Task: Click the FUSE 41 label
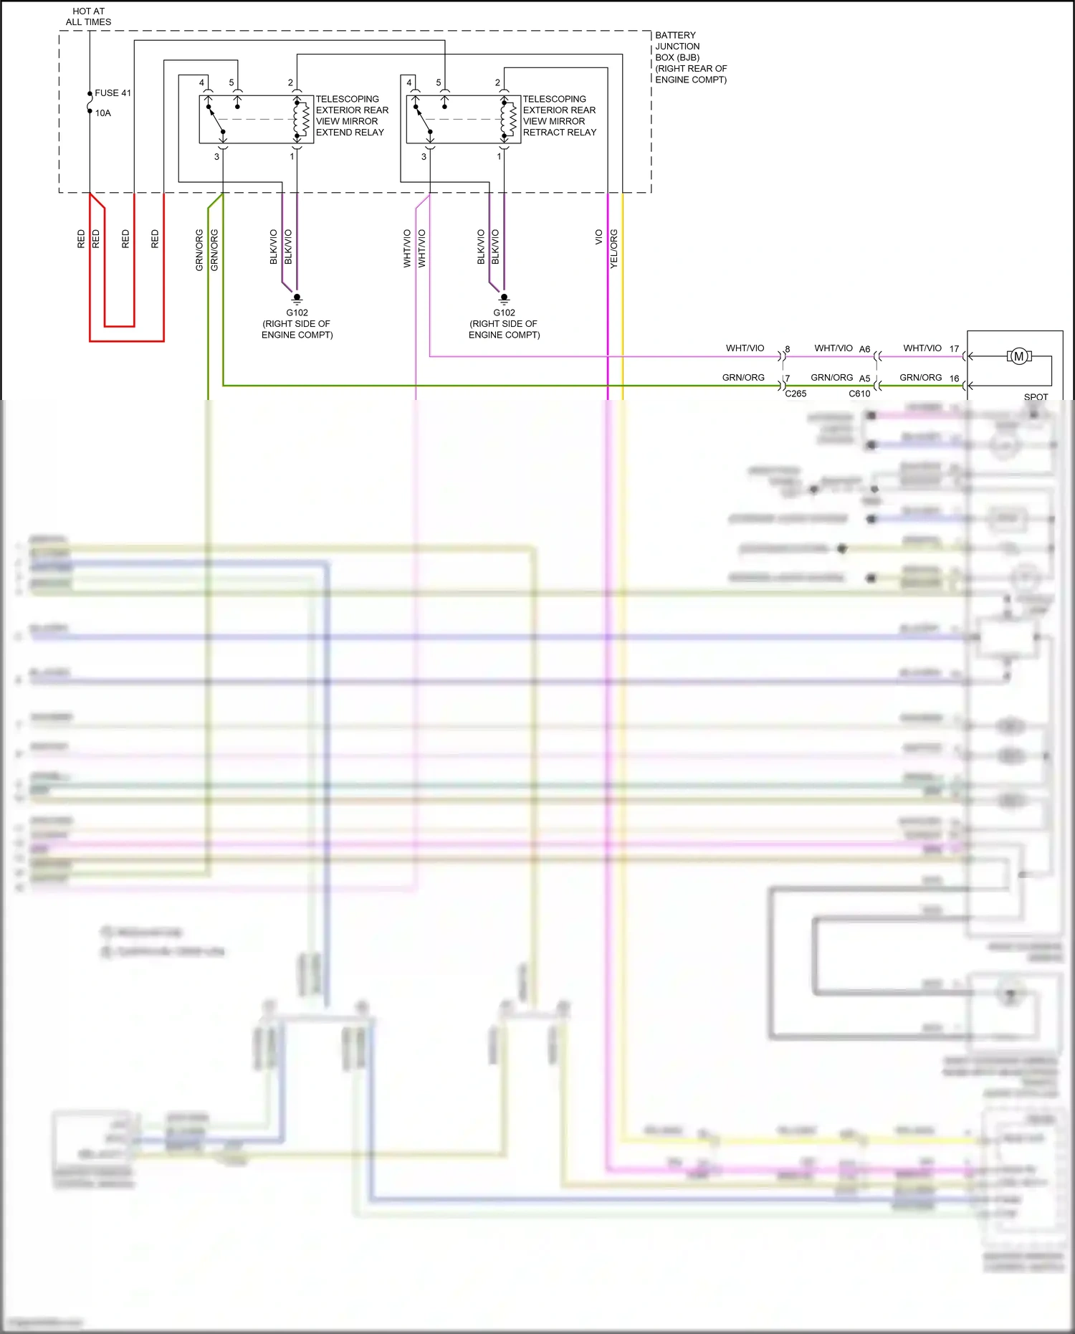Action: pyautogui.click(x=113, y=93)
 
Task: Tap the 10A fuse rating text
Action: pyautogui.click(x=103, y=113)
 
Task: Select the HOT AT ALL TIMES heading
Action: pyautogui.click(x=88, y=16)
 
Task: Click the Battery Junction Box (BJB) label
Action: pyautogui.click(x=689, y=57)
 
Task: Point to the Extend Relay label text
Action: pyautogui.click(x=352, y=116)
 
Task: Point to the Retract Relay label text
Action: pyautogui.click(x=559, y=116)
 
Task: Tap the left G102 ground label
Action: pyautogui.click(x=297, y=313)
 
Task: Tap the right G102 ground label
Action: pyautogui.click(x=504, y=313)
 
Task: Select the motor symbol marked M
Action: pyautogui.click(x=1018, y=356)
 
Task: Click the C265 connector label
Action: pyautogui.click(x=795, y=394)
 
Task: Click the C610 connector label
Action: pyautogui.click(x=859, y=394)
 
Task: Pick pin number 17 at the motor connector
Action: pyautogui.click(x=954, y=349)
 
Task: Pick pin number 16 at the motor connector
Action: pyautogui.click(x=954, y=378)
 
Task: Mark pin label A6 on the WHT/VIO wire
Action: pyautogui.click(x=864, y=350)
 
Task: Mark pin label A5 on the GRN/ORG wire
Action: pyautogui.click(x=864, y=378)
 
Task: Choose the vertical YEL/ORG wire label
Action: pyautogui.click(x=613, y=249)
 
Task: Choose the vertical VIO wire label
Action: pyautogui.click(x=598, y=237)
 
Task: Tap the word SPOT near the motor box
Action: pyautogui.click(x=1036, y=396)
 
